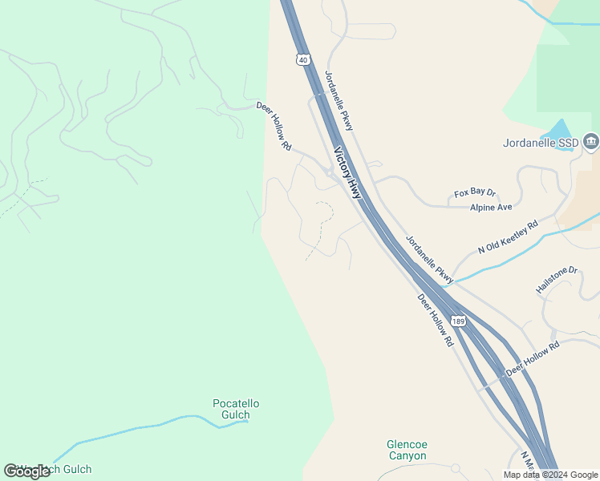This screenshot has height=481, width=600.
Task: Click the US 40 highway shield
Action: coord(302,59)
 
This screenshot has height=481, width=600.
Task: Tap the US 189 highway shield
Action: coord(457,321)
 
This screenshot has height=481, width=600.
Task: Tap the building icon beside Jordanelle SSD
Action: coord(591,142)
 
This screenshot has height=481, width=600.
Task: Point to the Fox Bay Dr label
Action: coord(475,193)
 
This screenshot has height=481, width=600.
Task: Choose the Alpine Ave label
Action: coord(491,207)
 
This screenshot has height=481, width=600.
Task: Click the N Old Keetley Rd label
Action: coord(508,238)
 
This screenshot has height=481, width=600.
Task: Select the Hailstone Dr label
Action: coord(557,281)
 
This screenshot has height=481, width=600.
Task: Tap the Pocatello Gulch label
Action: coord(236,409)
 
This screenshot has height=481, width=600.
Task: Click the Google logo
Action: coord(26,471)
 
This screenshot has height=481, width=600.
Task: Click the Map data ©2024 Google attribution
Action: coord(550,475)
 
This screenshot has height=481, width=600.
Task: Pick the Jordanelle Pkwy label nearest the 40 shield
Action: coord(339,100)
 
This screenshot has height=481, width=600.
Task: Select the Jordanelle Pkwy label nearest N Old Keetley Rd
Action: coord(430,259)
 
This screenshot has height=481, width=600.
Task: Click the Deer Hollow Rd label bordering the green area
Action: coord(274,127)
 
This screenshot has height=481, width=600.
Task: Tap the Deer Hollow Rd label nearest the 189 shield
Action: coord(436,320)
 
